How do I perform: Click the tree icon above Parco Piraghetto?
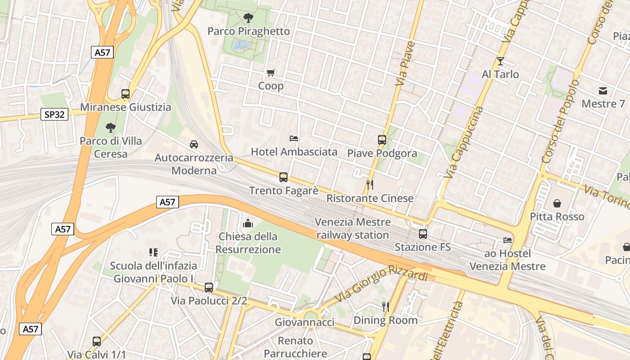[247, 18]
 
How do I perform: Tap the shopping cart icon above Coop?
[270, 72]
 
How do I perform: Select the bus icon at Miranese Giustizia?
[126, 94]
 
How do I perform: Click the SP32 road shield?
[54, 115]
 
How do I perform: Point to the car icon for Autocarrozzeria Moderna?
[194, 144]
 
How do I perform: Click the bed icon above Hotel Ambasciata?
[294, 139]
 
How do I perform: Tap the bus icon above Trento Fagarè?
[283, 177]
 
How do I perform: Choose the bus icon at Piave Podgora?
[382, 140]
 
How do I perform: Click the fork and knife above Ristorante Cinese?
[369, 184]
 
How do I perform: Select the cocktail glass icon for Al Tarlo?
[500, 61]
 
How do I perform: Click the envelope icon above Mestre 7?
[603, 91]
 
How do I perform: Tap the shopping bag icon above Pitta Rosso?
[557, 203]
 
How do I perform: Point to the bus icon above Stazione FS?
[423, 234]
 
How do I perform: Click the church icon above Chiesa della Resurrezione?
[248, 223]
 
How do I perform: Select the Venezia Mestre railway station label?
[353, 229]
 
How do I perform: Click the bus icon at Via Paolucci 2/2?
[209, 287]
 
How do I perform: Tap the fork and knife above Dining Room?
[385, 307]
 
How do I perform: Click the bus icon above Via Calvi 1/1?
[97, 341]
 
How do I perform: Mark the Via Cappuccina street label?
[463, 142]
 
